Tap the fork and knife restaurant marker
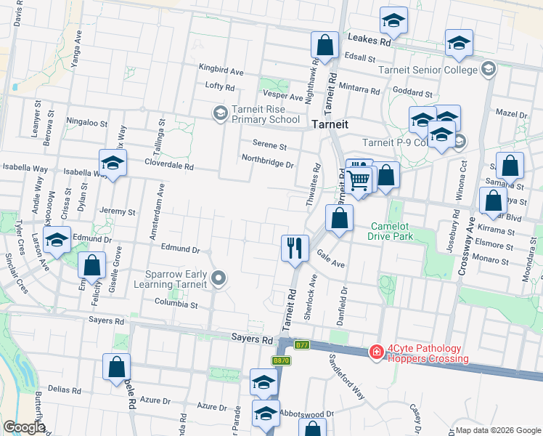pos(293,248)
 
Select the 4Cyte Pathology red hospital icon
pos(376,352)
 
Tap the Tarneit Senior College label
pos(429,70)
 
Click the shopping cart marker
pos(359,178)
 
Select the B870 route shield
pos(281,360)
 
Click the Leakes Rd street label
pos(369,41)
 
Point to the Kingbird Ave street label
pos(222,72)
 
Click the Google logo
pos(24,427)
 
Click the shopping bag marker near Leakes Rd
pos(325,45)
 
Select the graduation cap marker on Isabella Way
pos(113,163)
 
